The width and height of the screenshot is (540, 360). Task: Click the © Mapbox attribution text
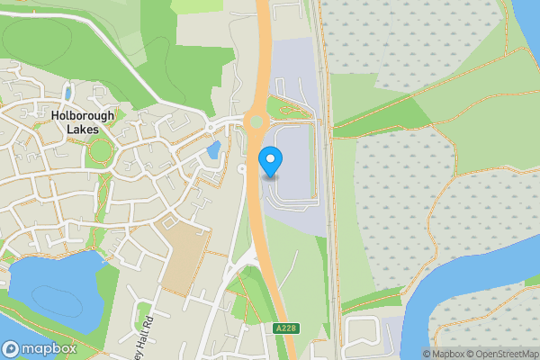pos(444,354)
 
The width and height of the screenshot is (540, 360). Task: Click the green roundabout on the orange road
pos(255,122)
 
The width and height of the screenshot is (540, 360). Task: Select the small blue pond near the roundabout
pos(213,149)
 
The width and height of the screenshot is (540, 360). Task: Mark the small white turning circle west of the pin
pos(241,168)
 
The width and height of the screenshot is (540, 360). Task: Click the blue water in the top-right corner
pos(527,22)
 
